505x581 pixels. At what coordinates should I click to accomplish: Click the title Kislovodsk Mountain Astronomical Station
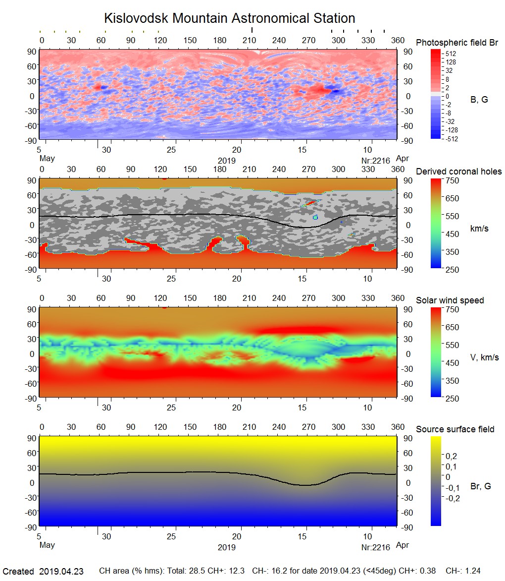(x=229, y=18)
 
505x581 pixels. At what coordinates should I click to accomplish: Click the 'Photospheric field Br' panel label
(x=457, y=43)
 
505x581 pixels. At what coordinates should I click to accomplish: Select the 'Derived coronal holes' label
(x=458, y=172)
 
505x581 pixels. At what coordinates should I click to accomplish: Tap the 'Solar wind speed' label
(x=450, y=300)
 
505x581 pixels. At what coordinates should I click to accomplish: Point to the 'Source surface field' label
(x=455, y=429)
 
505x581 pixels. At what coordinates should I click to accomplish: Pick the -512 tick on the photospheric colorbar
(x=451, y=139)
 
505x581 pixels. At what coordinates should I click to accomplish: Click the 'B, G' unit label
(x=479, y=100)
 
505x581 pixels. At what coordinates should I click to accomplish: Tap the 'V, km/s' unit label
(x=484, y=357)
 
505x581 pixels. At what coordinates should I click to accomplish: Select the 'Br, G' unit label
(x=480, y=486)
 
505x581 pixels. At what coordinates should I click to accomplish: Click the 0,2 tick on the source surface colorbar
(x=452, y=456)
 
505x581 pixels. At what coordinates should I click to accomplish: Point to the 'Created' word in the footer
(x=18, y=571)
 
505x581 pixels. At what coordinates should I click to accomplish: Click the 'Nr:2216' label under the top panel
(x=376, y=161)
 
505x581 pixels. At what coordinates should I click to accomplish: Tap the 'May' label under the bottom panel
(x=47, y=546)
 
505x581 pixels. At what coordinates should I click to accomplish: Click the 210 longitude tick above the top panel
(x=250, y=40)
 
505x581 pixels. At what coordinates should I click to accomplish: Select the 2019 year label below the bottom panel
(x=226, y=547)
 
